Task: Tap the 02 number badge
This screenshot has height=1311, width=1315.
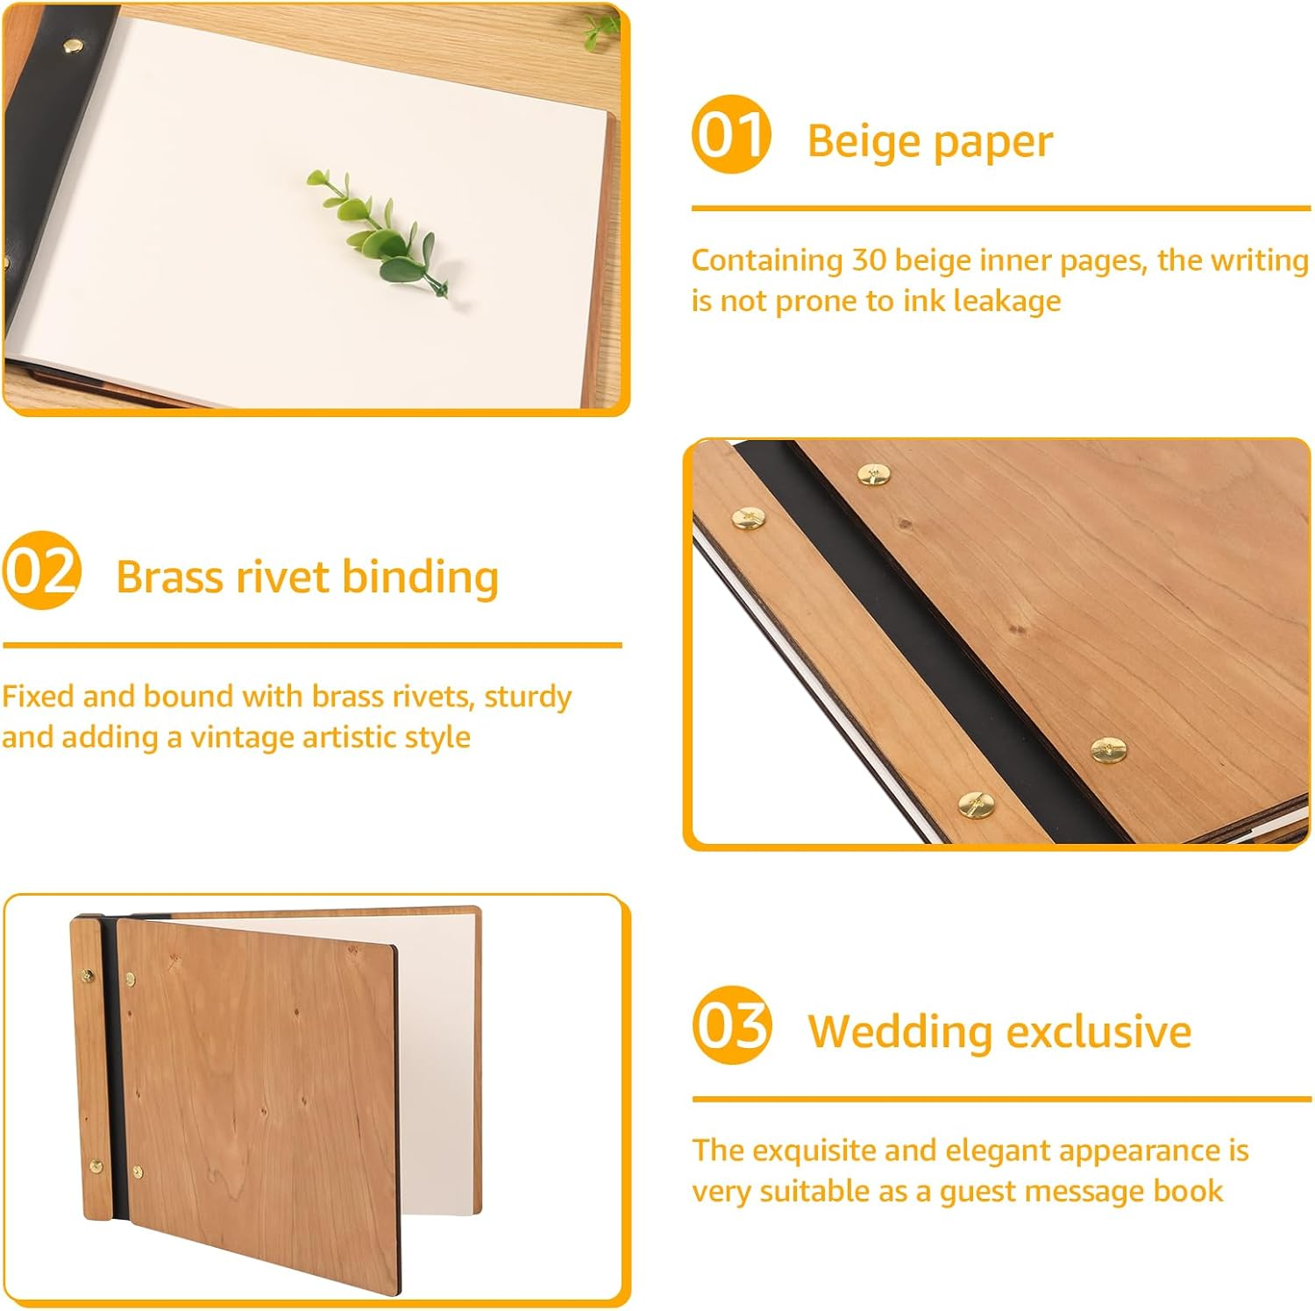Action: point(41,570)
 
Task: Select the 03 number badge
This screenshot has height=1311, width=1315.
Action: point(731,1024)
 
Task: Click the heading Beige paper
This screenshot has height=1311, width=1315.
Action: point(928,141)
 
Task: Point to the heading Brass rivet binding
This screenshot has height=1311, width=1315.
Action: point(307,577)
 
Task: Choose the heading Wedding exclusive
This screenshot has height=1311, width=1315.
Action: point(999,1031)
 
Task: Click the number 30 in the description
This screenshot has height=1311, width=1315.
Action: point(869,260)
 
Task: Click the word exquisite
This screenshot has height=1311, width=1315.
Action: point(815,1150)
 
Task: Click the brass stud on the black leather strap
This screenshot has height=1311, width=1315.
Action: point(72,45)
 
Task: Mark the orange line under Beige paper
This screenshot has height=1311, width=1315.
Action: point(1000,209)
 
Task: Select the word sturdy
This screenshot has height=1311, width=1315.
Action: point(528,697)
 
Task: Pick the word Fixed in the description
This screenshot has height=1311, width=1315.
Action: point(38,697)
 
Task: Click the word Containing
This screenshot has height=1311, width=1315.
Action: point(766,260)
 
